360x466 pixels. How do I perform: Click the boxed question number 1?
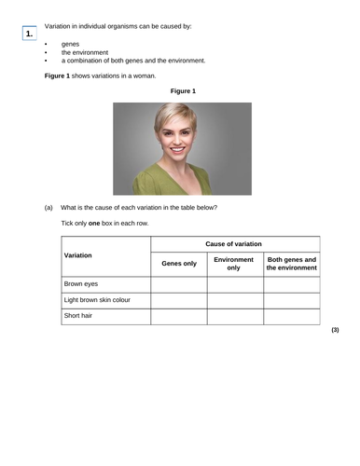coord(30,34)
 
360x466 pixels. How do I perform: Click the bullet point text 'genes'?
coord(70,44)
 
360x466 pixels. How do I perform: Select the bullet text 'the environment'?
coord(85,52)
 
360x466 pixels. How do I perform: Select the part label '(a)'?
coord(48,207)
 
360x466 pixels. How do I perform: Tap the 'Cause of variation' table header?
coord(234,244)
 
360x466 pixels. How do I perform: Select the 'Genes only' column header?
coord(179,264)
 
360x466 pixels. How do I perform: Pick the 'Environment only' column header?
coord(234,264)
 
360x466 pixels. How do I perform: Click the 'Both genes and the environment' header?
coord(291,264)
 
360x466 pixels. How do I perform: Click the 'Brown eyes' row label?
coord(81,283)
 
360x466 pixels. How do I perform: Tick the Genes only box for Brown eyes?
coord(179,283)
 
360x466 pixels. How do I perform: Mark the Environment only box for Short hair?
coord(234,316)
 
